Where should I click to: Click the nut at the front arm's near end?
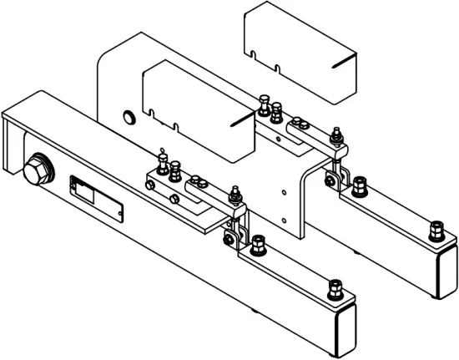pos(335,290)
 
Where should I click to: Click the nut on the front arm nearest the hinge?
pos(257,243)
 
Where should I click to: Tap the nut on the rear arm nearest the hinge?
pos(360,186)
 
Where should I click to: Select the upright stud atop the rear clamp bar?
pos(336,135)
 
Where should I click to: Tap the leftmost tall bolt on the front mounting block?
pos(163,160)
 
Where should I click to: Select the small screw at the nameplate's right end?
pos(122,215)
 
